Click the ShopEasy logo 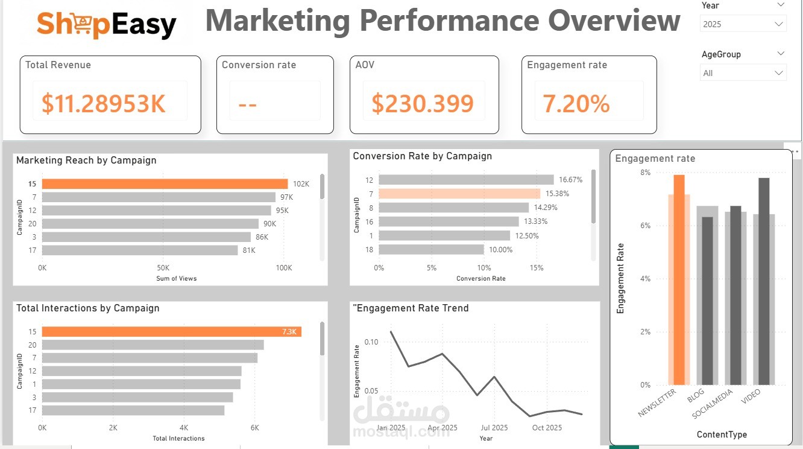[x=107, y=25]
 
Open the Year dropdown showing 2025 [x=743, y=24]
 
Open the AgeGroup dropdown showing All [x=743, y=73]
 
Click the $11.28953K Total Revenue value [x=103, y=104]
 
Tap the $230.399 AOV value [x=422, y=104]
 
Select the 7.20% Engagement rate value [x=576, y=104]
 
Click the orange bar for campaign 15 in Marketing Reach [x=165, y=184]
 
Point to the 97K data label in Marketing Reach [x=286, y=197]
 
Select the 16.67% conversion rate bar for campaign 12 [x=466, y=180]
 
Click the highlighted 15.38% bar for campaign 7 [x=459, y=194]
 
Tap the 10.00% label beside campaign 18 [x=500, y=250]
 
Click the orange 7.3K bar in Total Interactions [x=171, y=332]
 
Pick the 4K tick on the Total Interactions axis [x=184, y=427]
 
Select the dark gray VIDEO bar [x=764, y=281]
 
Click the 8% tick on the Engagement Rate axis [x=646, y=173]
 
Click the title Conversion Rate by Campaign [x=422, y=156]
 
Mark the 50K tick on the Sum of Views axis [x=163, y=267]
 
